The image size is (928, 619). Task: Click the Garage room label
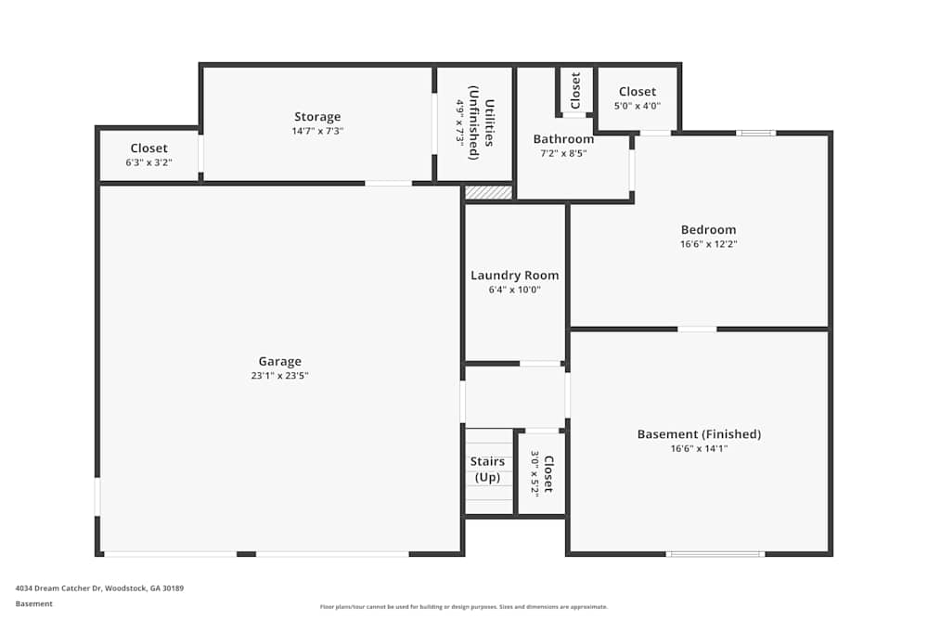coord(279,361)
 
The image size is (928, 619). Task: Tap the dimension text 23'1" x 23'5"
coord(279,376)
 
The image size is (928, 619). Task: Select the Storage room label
coord(317,116)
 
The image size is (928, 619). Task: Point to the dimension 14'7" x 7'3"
coord(317,131)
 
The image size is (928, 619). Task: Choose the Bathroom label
coord(563,139)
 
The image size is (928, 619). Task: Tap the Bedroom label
coord(708,229)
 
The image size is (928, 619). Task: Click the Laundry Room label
coord(514,275)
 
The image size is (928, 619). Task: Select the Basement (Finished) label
coord(699,433)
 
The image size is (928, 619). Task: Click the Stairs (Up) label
coord(487,469)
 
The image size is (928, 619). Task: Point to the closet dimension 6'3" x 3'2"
coord(148,162)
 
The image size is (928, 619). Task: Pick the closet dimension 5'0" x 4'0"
coord(637,106)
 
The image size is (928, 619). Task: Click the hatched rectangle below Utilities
coord(488,192)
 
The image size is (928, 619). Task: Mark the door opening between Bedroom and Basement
coord(697,329)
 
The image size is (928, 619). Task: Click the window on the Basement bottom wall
coord(715,554)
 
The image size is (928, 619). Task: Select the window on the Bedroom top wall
coord(756,133)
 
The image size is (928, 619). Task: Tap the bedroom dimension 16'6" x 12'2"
coord(708,244)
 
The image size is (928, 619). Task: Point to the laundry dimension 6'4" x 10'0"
coord(514,290)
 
